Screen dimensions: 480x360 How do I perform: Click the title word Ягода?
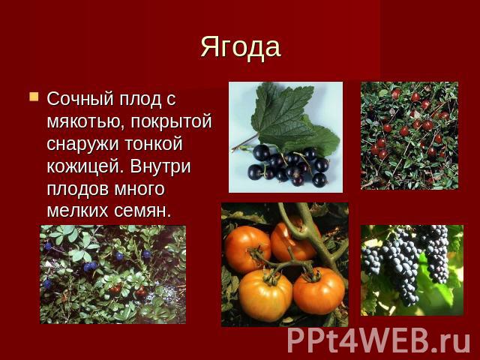click(241, 48)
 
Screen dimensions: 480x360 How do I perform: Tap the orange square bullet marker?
click(34, 97)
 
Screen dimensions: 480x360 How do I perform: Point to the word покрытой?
click(172, 121)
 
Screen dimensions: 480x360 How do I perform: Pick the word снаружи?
click(82, 144)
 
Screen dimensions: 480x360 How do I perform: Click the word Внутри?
click(160, 166)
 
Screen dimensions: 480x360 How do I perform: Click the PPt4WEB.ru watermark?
click(379, 340)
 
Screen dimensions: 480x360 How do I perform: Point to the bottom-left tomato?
click(265, 295)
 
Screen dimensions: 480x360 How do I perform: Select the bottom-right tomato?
click(319, 291)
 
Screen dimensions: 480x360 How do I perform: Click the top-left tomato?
click(247, 249)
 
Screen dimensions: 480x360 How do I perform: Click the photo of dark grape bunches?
click(412, 270)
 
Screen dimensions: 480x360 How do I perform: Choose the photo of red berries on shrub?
click(409, 136)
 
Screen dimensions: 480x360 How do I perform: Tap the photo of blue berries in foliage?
click(112, 274)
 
